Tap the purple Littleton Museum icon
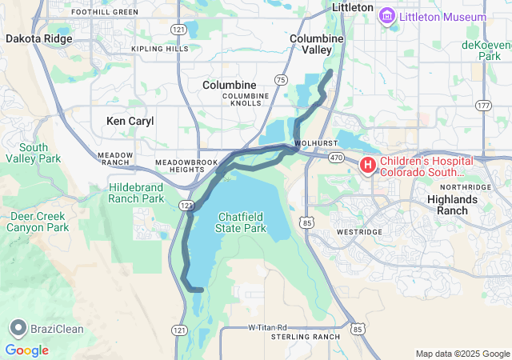coord(388,16)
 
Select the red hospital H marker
coord(368,166)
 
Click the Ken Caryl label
coord(130,121)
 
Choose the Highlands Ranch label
coord(452,204)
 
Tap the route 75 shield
coord(280,80)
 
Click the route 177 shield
coord(482,106)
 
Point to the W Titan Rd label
coord(266,328)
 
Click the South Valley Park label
coord(34,153)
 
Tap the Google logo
coord(26,350)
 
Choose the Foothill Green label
coord(105,12)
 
